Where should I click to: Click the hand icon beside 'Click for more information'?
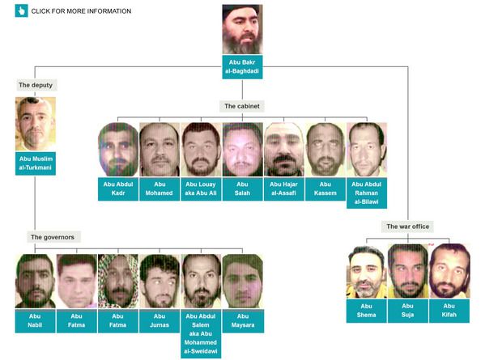[x=21, y=11]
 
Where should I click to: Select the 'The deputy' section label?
[x=36, y=85]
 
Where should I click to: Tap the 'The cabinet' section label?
[x=242, y=106]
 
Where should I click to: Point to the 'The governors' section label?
[x=53, y=237]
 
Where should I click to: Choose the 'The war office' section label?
[x=407, y=227]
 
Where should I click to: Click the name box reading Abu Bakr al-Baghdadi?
[x=242, y=67]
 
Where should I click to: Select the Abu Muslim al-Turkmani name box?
[x=36, y=163]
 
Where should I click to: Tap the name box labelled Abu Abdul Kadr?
[x=118, y=188]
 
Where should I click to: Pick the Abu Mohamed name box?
[x=160, y=188]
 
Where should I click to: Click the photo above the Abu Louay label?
[x=201, y=150]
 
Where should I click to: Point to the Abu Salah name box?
[x=243, y=188]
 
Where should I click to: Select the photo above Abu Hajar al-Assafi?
[x=284, y=150]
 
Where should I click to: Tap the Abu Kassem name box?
[x=325, y=188]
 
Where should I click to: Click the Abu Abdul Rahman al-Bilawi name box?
[x=367, y=193]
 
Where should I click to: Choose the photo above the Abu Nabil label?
[x=36, y=282]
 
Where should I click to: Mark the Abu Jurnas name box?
[x=160, y=321]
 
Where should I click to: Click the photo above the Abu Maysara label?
[x=243, y=282]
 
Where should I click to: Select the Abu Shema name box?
[x=367, y=311]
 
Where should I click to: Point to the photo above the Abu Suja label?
[x=408, y=271]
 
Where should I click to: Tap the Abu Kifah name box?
[x=449, y=311]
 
